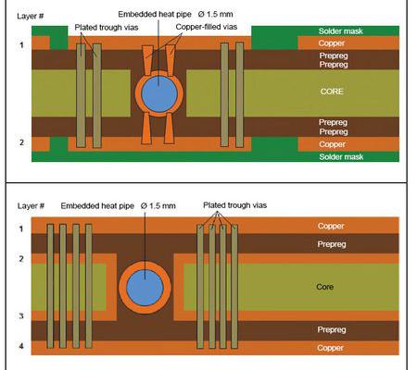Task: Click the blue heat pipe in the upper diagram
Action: (159, 94)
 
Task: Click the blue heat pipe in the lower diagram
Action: (145, 288)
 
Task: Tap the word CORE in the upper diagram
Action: (332, 92)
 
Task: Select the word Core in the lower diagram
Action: (325, 287)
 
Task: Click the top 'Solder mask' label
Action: (341, 31)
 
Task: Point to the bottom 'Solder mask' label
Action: (341, 156)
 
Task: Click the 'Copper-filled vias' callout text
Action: (207, 27)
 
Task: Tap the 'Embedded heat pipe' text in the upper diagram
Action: (155, 14)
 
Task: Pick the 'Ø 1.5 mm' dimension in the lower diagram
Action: (158, 205)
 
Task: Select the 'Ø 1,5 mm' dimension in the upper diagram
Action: (216, 14)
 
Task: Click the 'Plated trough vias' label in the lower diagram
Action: (235, 205)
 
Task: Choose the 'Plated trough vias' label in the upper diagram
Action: (107, 28)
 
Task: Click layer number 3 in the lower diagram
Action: (21, 315)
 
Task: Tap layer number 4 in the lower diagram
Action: (21, 346)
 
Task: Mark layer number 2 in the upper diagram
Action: (21, 142)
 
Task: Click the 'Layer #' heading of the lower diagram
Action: (31, 205)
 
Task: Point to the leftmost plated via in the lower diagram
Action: (50, 286)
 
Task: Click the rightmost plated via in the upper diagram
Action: (239, 94)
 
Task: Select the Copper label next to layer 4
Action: (330, 348)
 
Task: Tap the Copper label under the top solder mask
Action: (332, 43)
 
